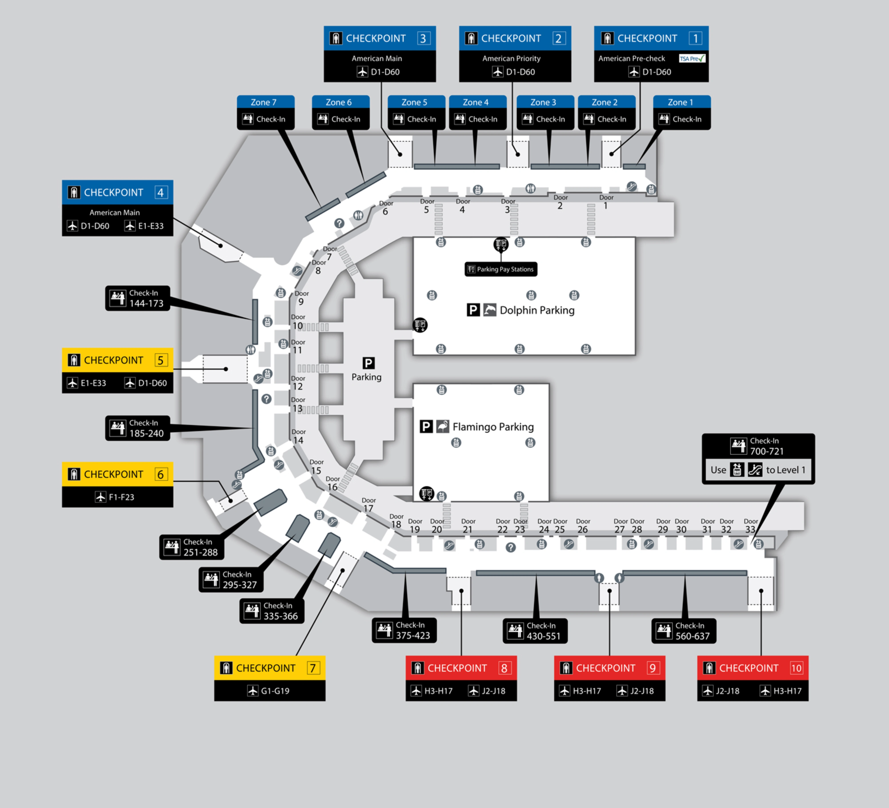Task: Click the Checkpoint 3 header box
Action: [380, 38]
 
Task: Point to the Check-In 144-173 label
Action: [138, 298]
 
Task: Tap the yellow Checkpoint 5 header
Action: [117, 360]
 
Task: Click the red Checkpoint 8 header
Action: [461, 668]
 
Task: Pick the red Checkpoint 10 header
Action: [752, 668]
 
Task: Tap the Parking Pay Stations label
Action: [501, 269]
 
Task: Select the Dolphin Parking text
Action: [537, 310]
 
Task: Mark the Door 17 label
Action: [368, 505]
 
